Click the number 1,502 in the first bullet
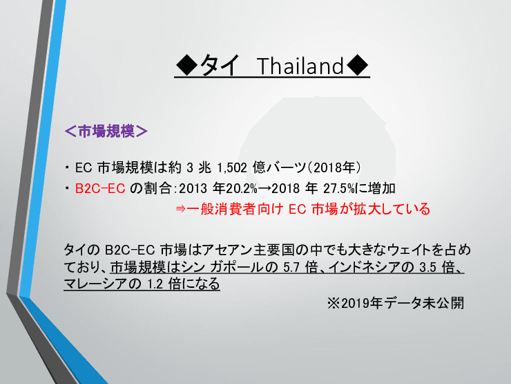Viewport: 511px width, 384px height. (234, 168)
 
